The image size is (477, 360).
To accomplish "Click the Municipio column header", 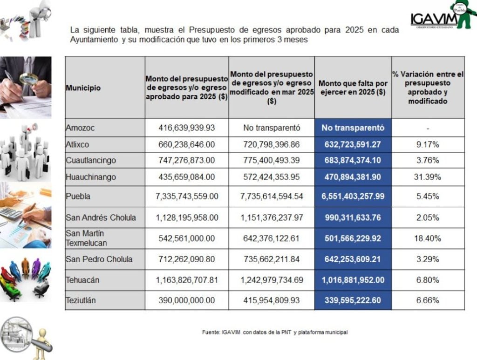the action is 83,88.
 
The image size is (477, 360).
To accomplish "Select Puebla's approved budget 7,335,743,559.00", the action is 187,197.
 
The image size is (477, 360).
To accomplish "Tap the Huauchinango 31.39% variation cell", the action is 428,177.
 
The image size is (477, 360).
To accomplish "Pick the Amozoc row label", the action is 80,128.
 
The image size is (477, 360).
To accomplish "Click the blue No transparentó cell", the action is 353,128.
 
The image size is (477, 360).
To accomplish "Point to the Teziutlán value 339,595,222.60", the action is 353,300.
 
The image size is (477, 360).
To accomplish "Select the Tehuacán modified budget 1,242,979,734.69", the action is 272,280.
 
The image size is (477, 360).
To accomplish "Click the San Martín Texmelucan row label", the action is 86,238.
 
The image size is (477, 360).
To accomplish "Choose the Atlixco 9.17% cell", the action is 428,144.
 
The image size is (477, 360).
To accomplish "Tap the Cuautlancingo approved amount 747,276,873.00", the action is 186,160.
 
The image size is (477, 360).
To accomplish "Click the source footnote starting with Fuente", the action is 275,333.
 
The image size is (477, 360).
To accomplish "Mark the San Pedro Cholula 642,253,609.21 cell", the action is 353,259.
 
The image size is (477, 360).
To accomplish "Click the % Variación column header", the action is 428,88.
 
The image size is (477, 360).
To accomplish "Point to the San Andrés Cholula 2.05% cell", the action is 428,217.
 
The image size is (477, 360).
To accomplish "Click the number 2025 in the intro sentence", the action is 354,30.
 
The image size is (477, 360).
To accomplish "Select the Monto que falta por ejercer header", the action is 353,88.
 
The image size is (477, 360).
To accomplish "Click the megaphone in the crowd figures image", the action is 33,127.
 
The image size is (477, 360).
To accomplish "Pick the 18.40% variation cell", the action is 428,238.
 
